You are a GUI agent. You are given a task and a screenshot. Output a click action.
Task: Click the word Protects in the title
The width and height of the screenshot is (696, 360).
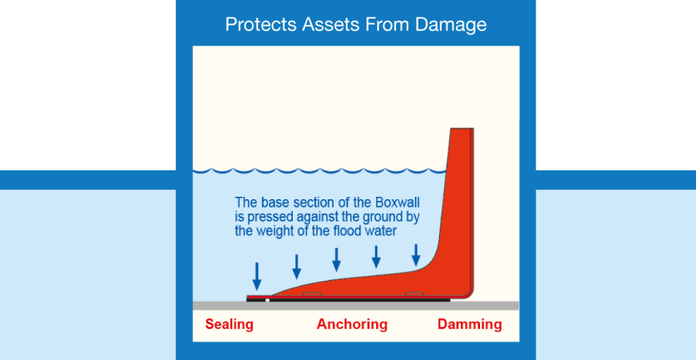[x=262, y=25]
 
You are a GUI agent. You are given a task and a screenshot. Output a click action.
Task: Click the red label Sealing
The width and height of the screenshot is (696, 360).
[x=229, y=325]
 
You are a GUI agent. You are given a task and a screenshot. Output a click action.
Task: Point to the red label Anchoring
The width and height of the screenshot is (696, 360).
[x=352, y=325]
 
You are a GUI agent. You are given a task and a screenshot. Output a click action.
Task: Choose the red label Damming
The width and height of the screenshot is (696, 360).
[x=470, y=325]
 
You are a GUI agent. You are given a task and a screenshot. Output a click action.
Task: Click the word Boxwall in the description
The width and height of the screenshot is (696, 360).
[x=398, y=202]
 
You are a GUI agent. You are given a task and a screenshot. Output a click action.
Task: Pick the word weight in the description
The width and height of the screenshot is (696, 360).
[x=277, y=232]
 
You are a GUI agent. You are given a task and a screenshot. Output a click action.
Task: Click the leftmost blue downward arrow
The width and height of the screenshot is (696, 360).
[x=257, y=276]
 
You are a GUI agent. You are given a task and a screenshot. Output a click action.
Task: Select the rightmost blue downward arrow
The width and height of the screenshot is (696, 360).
[x=416, y=255]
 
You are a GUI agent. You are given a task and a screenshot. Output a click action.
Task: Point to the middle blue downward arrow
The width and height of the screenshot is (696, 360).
[x=337, y=260]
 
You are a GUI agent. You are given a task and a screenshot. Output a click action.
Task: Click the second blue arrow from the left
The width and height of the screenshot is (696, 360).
[x=297, y=266]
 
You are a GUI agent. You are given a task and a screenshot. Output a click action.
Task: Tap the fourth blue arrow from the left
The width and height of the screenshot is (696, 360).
[x=377, y=257]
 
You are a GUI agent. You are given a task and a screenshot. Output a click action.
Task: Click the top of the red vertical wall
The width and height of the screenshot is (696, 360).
[x=462, y=129]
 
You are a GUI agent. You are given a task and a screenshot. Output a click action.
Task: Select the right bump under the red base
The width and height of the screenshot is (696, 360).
[x=414, y=294]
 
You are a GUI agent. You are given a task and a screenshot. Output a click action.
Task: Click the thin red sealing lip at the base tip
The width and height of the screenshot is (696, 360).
[x=258, y=297]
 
